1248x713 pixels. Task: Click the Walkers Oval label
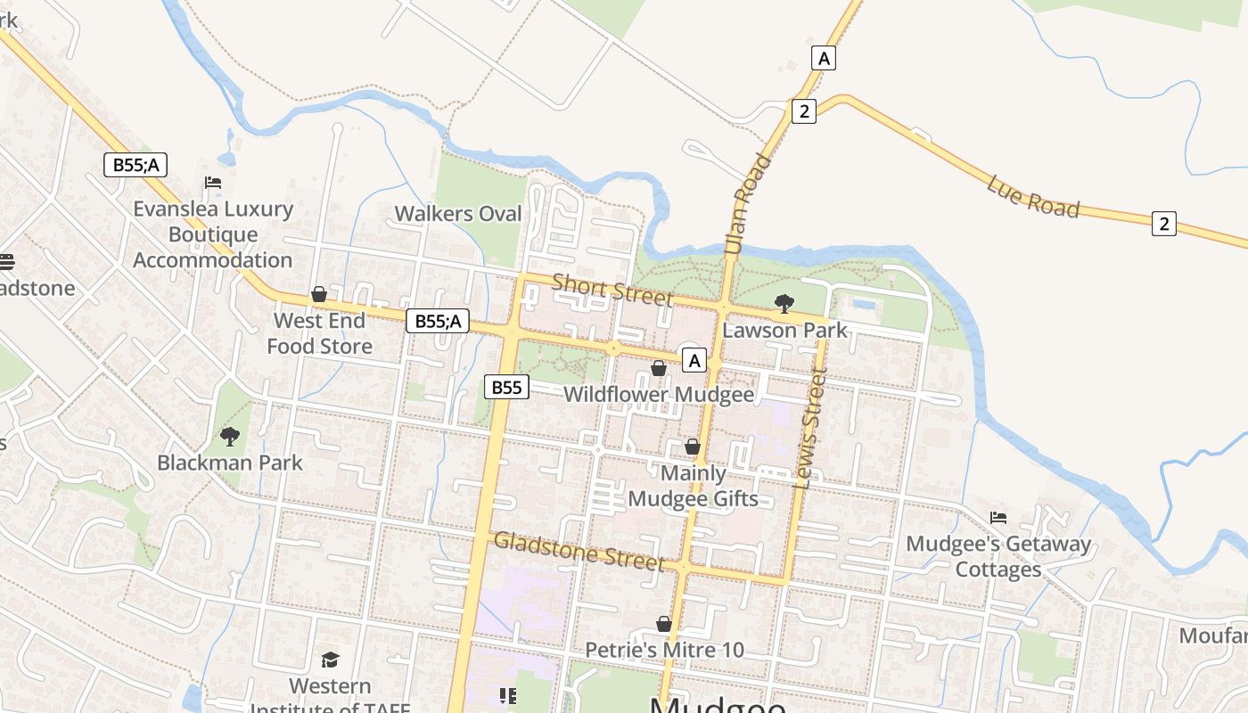pos(458,214)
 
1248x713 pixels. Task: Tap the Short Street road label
pos(612,290)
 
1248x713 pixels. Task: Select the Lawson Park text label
pos(784,331)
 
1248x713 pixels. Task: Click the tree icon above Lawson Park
pos(784,304)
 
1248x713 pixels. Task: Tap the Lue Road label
pos(1033,197)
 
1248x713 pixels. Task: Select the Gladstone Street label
pos(579,551)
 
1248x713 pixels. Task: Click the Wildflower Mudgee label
pos(659,394)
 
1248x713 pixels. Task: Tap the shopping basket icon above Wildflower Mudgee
pos(659,368)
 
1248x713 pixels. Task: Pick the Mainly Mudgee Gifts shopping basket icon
pos(693,447)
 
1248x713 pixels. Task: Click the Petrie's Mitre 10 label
pos(664,650)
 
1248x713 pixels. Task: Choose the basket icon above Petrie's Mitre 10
pos(664,624)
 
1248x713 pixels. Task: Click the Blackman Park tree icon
pos(230,437)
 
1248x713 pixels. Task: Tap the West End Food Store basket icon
pos(319,294)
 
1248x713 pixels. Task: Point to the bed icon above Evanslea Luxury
pos(213,183)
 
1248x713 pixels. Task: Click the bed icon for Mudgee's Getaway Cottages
pos(998,518)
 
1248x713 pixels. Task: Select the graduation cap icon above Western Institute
pos(331,660)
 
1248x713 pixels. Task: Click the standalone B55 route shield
pos(506,387)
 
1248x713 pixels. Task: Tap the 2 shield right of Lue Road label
pos(1163,223)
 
